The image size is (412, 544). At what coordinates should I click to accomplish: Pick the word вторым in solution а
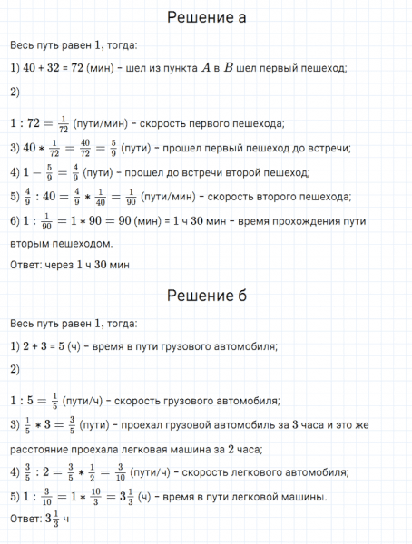point(29,243)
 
